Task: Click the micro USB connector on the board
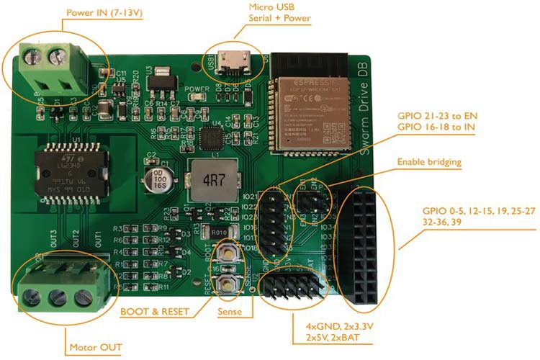click(235, 63)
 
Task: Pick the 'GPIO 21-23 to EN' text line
click(438, 115)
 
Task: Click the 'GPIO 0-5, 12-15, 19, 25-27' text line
click(477, 212)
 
